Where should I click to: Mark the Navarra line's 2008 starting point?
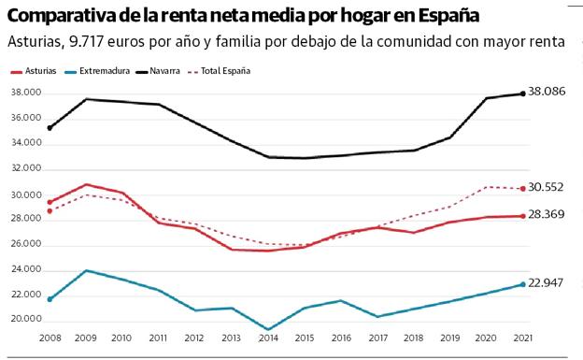[50, 128]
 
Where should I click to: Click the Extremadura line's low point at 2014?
[268, 329]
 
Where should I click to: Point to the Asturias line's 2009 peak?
[87, 185]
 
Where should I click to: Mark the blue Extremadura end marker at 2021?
[521, 284]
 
